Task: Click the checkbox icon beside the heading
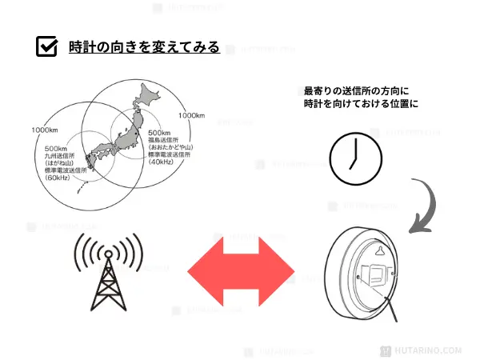(x=47, y=46)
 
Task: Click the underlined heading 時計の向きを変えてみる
(x=144, y=47)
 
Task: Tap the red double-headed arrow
(x=241, y=274)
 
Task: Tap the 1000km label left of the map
(x=46, y=130)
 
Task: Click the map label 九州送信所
(x=62, y=157)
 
